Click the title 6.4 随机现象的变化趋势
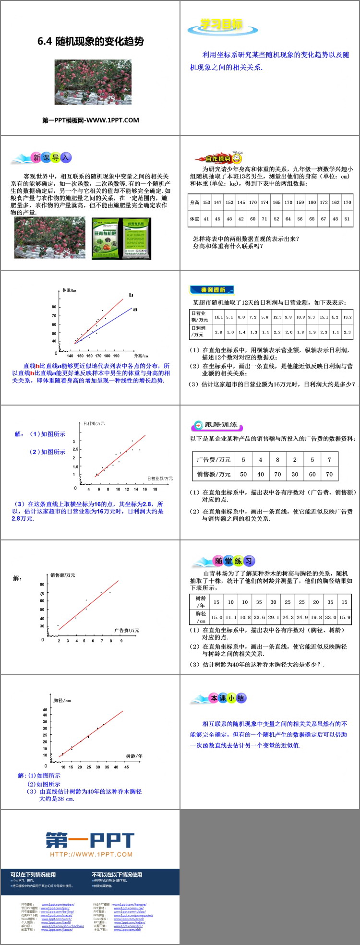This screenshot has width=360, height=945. pos(90,41)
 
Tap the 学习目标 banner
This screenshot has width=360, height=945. pos(221,25)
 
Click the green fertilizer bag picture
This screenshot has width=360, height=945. pos(121,238)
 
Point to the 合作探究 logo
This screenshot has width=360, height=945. pos(218,158)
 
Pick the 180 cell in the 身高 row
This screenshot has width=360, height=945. pos(312,203)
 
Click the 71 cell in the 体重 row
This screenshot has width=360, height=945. pos(264,219)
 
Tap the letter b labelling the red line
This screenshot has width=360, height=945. pos(131,295)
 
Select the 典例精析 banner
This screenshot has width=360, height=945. pos(213,290)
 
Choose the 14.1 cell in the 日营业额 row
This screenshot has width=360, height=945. pos(218,317)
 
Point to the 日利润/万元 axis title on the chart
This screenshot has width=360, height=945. pos(94,424)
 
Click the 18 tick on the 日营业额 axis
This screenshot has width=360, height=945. pos(155,490)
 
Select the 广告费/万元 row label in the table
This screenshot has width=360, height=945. pos(214,459)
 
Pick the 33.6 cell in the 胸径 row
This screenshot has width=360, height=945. pos(259,618)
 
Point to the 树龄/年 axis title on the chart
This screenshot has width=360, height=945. pos(134,756)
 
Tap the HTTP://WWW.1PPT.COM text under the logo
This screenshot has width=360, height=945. pos(91,855)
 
